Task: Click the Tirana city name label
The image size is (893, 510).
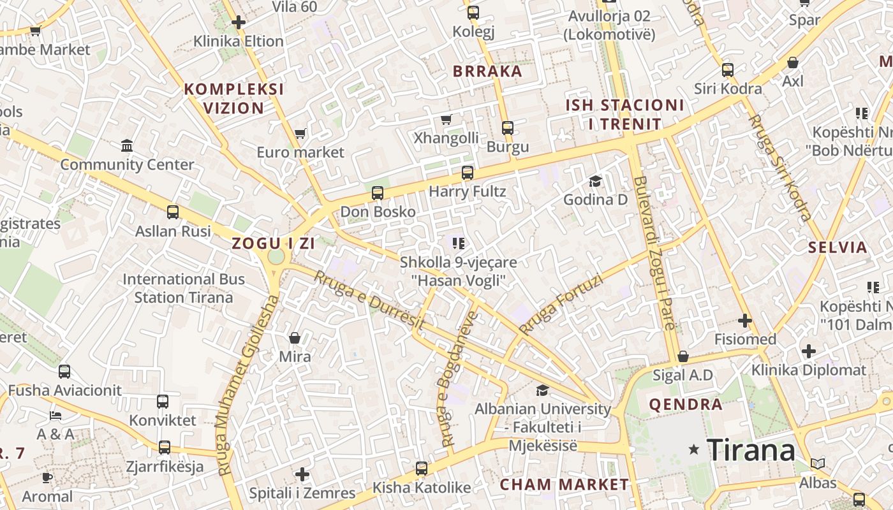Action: tap(751, 450)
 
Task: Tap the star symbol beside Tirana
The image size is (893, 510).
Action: tap(694, 449)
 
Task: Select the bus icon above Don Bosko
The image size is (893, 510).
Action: tap(378, 193)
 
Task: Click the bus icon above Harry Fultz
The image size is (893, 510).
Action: tap(468, 172)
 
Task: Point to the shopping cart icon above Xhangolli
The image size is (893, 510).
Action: tap(447, 119)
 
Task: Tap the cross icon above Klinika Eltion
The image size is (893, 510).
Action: tap(239, 22)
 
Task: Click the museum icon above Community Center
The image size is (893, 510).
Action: tap(127, 145)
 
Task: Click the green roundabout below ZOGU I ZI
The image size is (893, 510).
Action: tap(276, 256)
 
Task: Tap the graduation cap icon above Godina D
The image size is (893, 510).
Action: tap(595, 181)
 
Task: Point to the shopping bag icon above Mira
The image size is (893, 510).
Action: tap(295, 337)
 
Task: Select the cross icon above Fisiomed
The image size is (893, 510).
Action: tap(744, 320)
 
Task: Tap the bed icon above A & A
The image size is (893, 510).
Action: tap(55, 416)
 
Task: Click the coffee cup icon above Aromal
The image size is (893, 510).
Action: tap(47, 477)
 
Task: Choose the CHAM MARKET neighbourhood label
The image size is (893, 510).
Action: tap(564, 484)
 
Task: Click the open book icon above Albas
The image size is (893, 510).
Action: tap(818, 463)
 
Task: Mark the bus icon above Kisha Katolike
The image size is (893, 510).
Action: tap(422, 469)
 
